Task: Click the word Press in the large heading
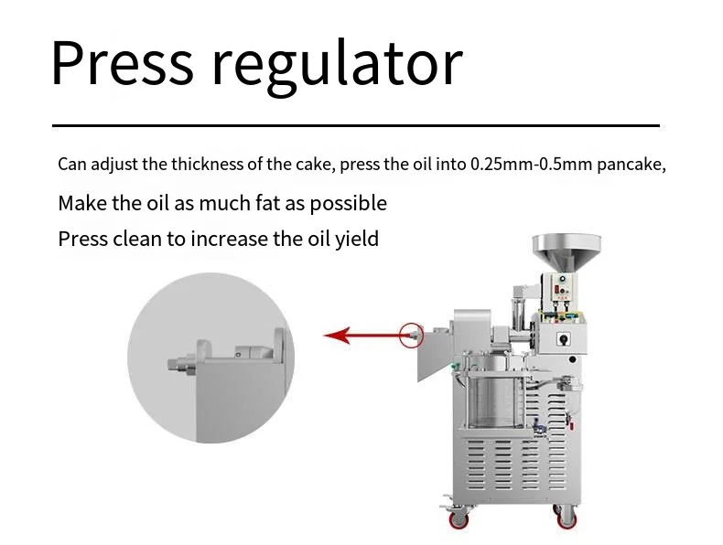123,63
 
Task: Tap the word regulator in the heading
337,68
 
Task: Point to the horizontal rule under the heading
356,125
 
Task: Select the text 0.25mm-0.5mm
531,164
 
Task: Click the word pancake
631,165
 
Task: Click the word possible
348,204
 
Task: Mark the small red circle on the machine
411,335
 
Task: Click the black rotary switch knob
563,339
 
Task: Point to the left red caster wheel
459,519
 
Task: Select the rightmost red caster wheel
567,518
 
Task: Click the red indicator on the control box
557,290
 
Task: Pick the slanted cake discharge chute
434,352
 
